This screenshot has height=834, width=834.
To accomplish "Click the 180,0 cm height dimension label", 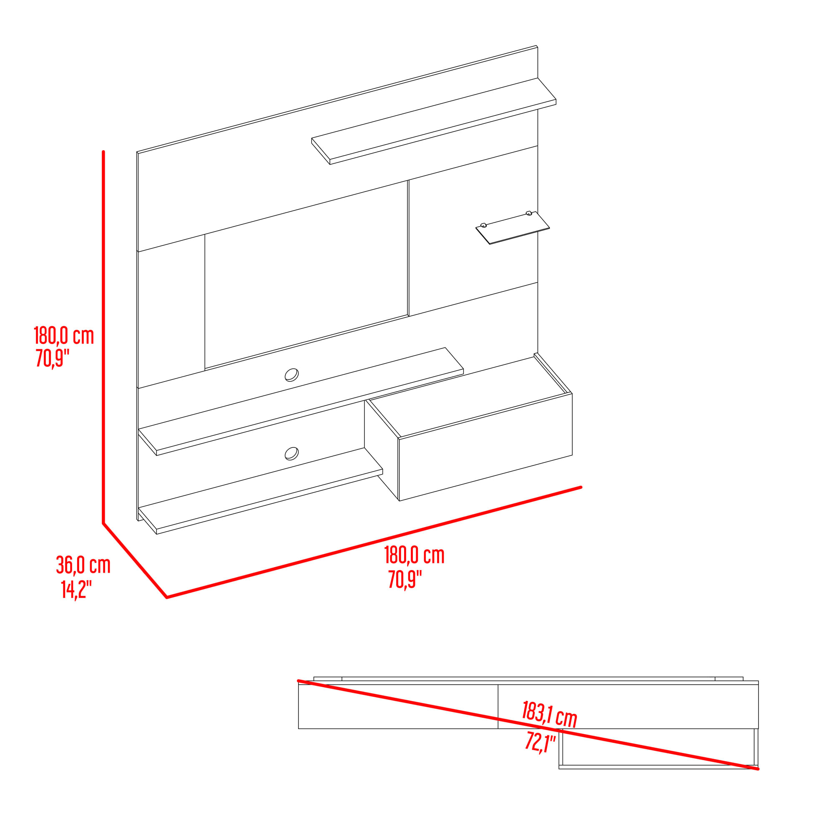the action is pos(64,335).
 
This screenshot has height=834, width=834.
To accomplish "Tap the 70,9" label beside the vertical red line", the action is pos(53,358).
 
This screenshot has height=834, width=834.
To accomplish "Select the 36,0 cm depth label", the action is pos(83,565).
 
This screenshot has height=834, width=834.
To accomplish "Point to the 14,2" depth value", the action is pos(76,589).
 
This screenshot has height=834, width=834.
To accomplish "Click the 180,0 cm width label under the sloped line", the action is pos(414,555).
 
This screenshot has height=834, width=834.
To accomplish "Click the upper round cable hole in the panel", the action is pos(291,375).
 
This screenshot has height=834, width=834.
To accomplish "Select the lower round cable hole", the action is pos(291,453).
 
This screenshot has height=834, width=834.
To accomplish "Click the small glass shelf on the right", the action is pos(513,228).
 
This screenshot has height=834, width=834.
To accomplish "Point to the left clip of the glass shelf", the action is pos(483,225).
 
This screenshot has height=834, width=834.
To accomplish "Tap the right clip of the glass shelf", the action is pos(529,213).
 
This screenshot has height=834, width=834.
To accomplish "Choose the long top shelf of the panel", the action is pos(434,121).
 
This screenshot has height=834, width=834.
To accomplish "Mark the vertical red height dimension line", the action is pos(103,338).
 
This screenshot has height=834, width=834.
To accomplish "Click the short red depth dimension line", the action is pos(135,561).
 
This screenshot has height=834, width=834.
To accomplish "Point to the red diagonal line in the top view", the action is pos(528,725).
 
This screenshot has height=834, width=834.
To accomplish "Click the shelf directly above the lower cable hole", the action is pos(301,402).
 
